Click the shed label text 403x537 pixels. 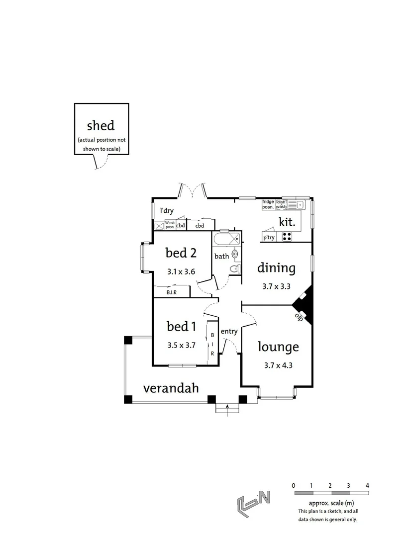click(x=101, y=125)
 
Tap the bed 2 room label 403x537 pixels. click(x=181, y=253)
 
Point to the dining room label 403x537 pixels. click(x=276, y=268)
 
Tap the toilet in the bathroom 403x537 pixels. click(x=233, y=269)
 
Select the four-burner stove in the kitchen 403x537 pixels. click(x=288, y=237)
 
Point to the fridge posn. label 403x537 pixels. click(x=268, y=204)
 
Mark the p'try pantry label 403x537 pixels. click(x=269, y=238)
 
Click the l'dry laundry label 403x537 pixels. click(x=166, y=210)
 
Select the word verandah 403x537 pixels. click(x=171, y=388)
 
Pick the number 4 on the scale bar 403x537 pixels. click(x=367, y=485)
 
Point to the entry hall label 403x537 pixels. click(x=229, y=332)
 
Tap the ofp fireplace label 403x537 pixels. click(x=299, y=316)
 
